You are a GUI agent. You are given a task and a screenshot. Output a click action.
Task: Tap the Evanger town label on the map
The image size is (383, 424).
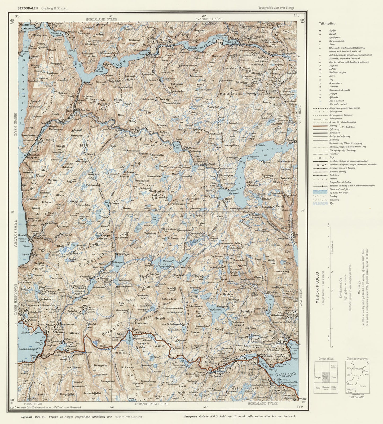230,42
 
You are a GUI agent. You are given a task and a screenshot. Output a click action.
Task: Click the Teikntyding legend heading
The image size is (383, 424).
328,23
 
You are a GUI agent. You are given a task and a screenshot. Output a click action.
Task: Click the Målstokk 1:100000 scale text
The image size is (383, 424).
317,288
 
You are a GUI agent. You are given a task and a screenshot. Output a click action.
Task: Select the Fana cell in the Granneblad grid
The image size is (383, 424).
318,387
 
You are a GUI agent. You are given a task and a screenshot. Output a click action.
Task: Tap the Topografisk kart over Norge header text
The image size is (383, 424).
276,8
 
